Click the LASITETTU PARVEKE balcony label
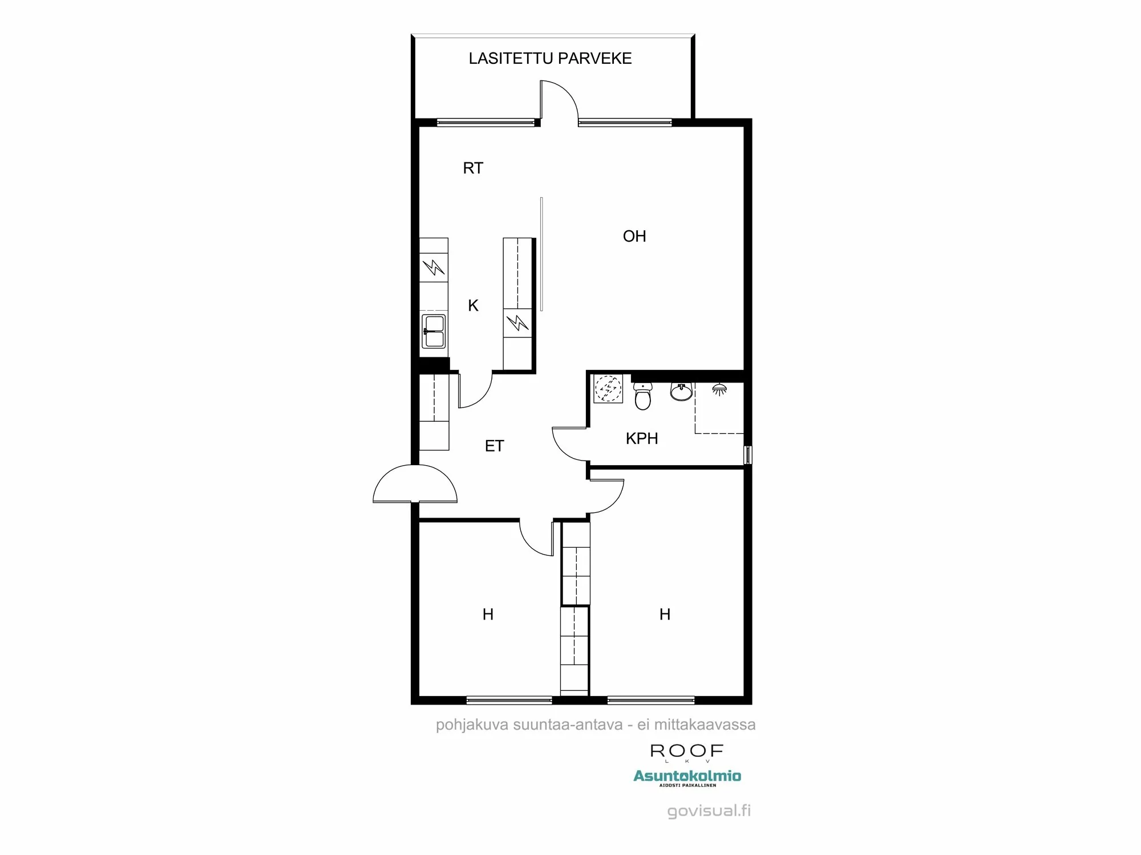coord(550,59)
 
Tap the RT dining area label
coord(473,168)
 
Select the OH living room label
coord(634,236)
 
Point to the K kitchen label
coord(473,306)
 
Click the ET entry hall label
coord(494,446)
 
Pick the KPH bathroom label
coord(642,438)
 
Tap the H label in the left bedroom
coord(488,614)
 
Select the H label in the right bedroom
coord(665,614)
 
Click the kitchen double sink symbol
coord(434,331)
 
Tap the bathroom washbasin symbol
coord(681,392)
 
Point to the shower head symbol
coord(719,390)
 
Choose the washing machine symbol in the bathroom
coord(608,389)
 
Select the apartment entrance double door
coord(415,484)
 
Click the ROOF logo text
coord(687,751)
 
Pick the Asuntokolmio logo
coord(687,776)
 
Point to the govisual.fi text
coord(709,811)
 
